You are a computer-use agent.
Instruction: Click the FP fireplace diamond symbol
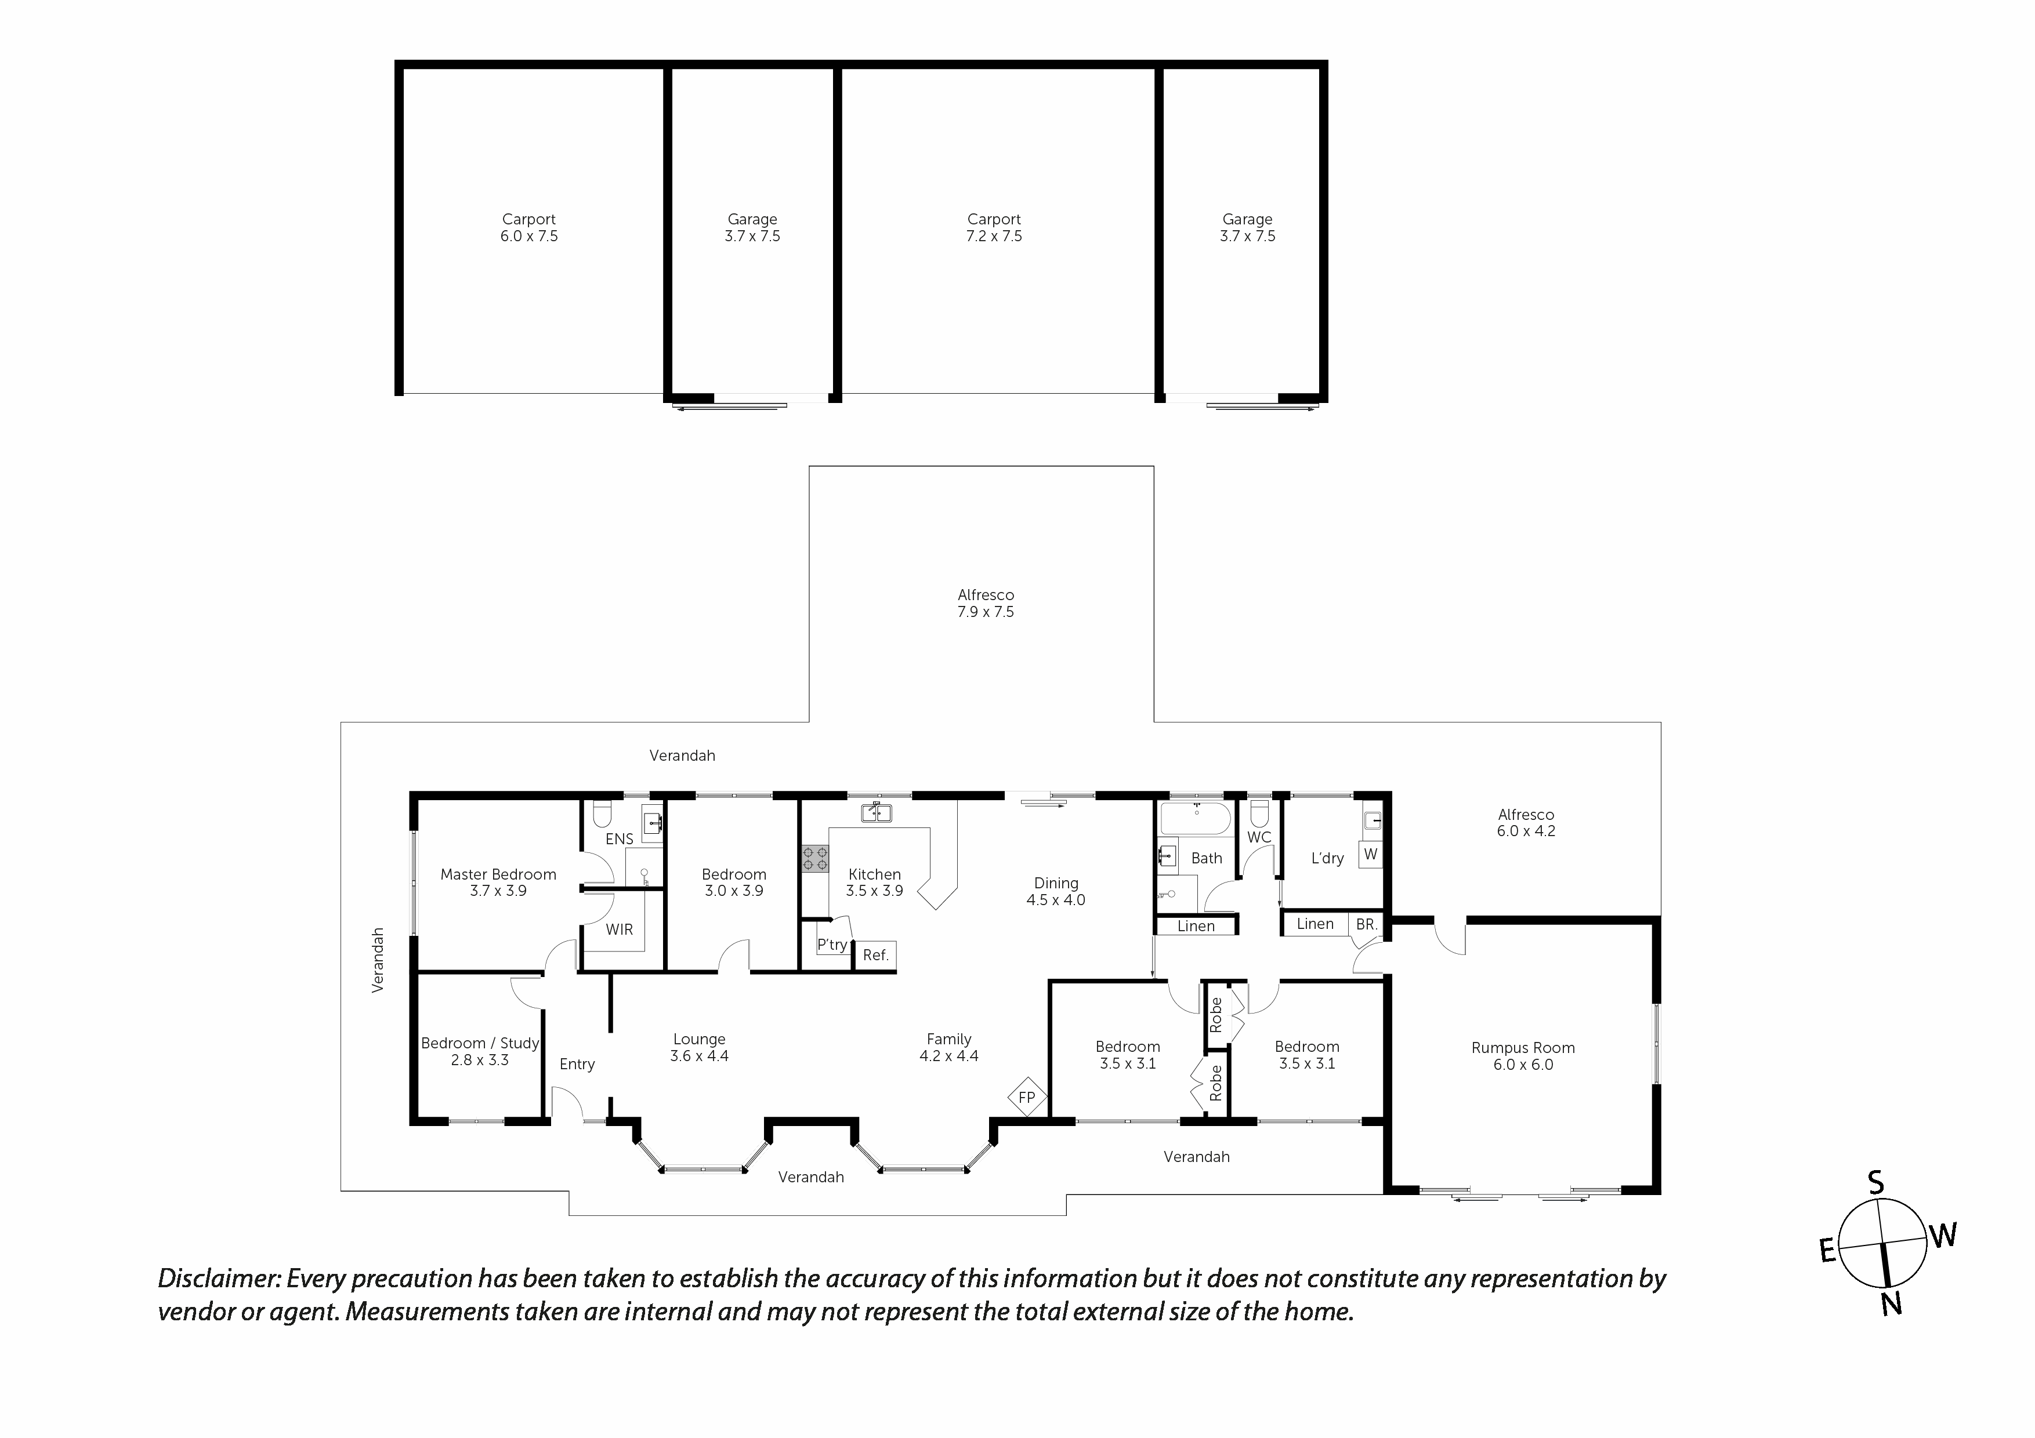[1026, 1098]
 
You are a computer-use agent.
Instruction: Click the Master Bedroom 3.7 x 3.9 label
[498, 883]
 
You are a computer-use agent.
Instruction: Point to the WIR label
[620, 929]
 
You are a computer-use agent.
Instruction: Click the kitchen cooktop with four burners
[816, 858]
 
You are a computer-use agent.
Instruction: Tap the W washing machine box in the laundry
[1370, 854]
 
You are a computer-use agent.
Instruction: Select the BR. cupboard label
[1366, 924]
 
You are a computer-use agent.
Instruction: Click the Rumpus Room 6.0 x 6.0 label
[1523, 1056]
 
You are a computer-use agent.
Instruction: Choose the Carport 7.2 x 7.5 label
[994, 228]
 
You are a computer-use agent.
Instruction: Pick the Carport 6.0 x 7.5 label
[529, 228]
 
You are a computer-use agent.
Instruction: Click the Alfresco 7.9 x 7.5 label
[986, 604]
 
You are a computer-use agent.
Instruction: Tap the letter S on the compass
[1875, 1183]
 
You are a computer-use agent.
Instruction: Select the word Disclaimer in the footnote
[219, 1279]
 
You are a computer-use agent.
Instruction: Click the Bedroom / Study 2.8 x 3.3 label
[480, 1052]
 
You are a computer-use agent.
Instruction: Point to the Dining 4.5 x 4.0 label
[1056, 891]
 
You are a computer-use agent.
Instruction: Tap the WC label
[1259, 837]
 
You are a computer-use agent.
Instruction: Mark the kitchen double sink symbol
[876, 812]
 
